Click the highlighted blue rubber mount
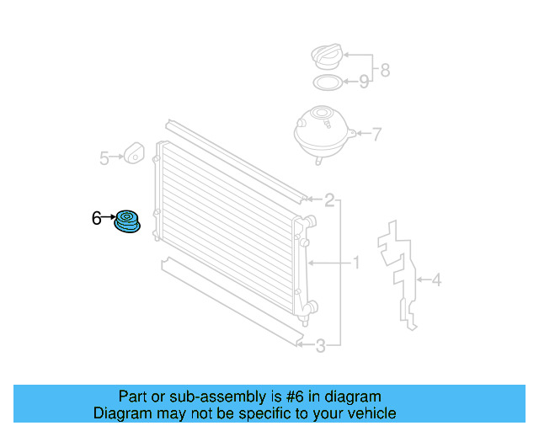point(127,221)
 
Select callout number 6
point(97,218)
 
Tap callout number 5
point(104,158)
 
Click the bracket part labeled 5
point(134,153)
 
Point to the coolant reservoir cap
point(328,56)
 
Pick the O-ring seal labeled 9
point(328,82)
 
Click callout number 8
point(386,70)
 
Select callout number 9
point(364,82)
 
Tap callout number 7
point(377,134)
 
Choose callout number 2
point(329,200)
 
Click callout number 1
point(356,263)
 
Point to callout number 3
point(320,346)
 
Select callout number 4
point(436,279)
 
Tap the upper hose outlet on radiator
point(310,221)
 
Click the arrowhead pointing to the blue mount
point(114,217)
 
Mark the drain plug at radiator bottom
point(305,322)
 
